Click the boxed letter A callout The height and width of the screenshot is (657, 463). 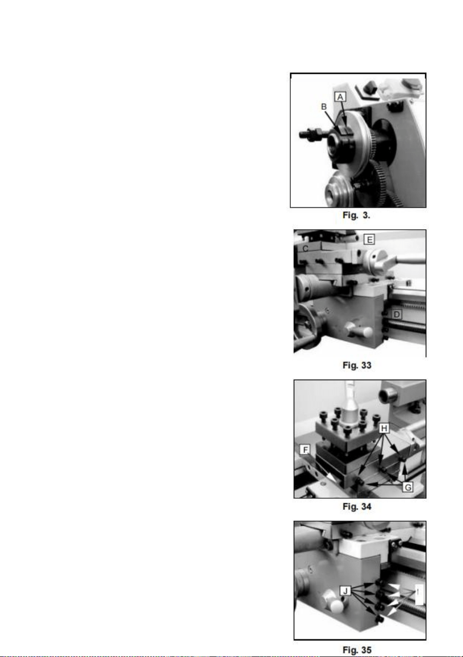point(340,97)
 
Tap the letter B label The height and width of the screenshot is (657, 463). point(324,107)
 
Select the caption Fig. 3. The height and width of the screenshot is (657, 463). point(356,215)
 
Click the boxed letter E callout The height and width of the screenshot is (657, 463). point(369,240)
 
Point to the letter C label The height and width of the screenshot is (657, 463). point(305,249)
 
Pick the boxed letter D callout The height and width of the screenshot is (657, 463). point(397,315)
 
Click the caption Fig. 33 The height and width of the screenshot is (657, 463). point(357,365)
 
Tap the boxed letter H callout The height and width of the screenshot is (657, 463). point(384,429)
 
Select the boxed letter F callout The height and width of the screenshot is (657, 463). point(305,450)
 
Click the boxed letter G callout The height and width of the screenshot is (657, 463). point(408,487)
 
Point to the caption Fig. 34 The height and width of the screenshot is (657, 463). point(357,507)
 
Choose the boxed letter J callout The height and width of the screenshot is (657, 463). point(345,591)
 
